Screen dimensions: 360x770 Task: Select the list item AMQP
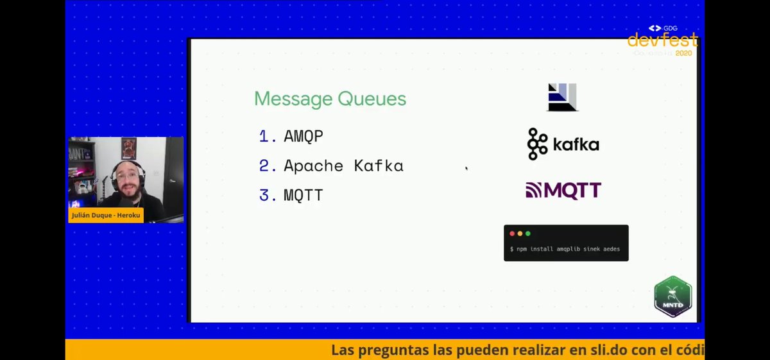click(x=304, y=136)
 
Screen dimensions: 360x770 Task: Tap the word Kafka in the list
click(x=378, y=166)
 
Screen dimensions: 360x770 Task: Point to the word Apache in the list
click(x=313, y=166)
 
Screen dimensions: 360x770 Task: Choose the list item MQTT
click(x=304, y=195)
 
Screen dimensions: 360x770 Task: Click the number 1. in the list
click(x=268, y=136)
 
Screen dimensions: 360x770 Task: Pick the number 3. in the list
click(x=268, y=195)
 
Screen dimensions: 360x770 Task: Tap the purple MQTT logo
click(x=563, y=191)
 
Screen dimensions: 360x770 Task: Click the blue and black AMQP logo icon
click(x=562, y=97)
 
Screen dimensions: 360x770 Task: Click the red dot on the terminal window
click(x=512, y=234)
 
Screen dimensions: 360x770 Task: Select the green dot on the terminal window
click(x=527, y=234)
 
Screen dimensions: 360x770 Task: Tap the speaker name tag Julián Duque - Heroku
click(x=106, y=216)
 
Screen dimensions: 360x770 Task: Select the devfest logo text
click(x=662, y=40)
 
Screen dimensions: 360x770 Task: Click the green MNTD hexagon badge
click(x=672, y=296)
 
